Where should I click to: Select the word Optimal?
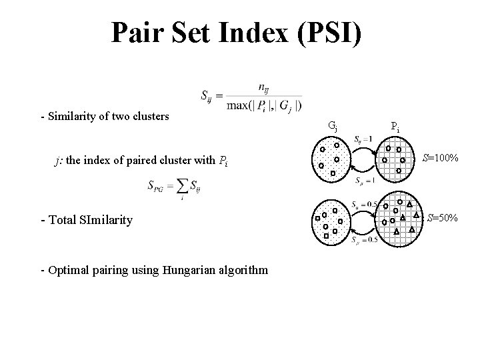pos(66,270)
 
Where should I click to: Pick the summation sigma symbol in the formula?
pos(176,187)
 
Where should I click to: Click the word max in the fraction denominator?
pos(238,105)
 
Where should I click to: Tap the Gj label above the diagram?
pos(333,125)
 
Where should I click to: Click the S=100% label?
pos(440,158)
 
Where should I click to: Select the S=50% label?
pos(442,217)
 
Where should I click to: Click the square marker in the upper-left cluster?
pos(333,173)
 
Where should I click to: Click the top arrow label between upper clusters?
pos(364,138)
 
